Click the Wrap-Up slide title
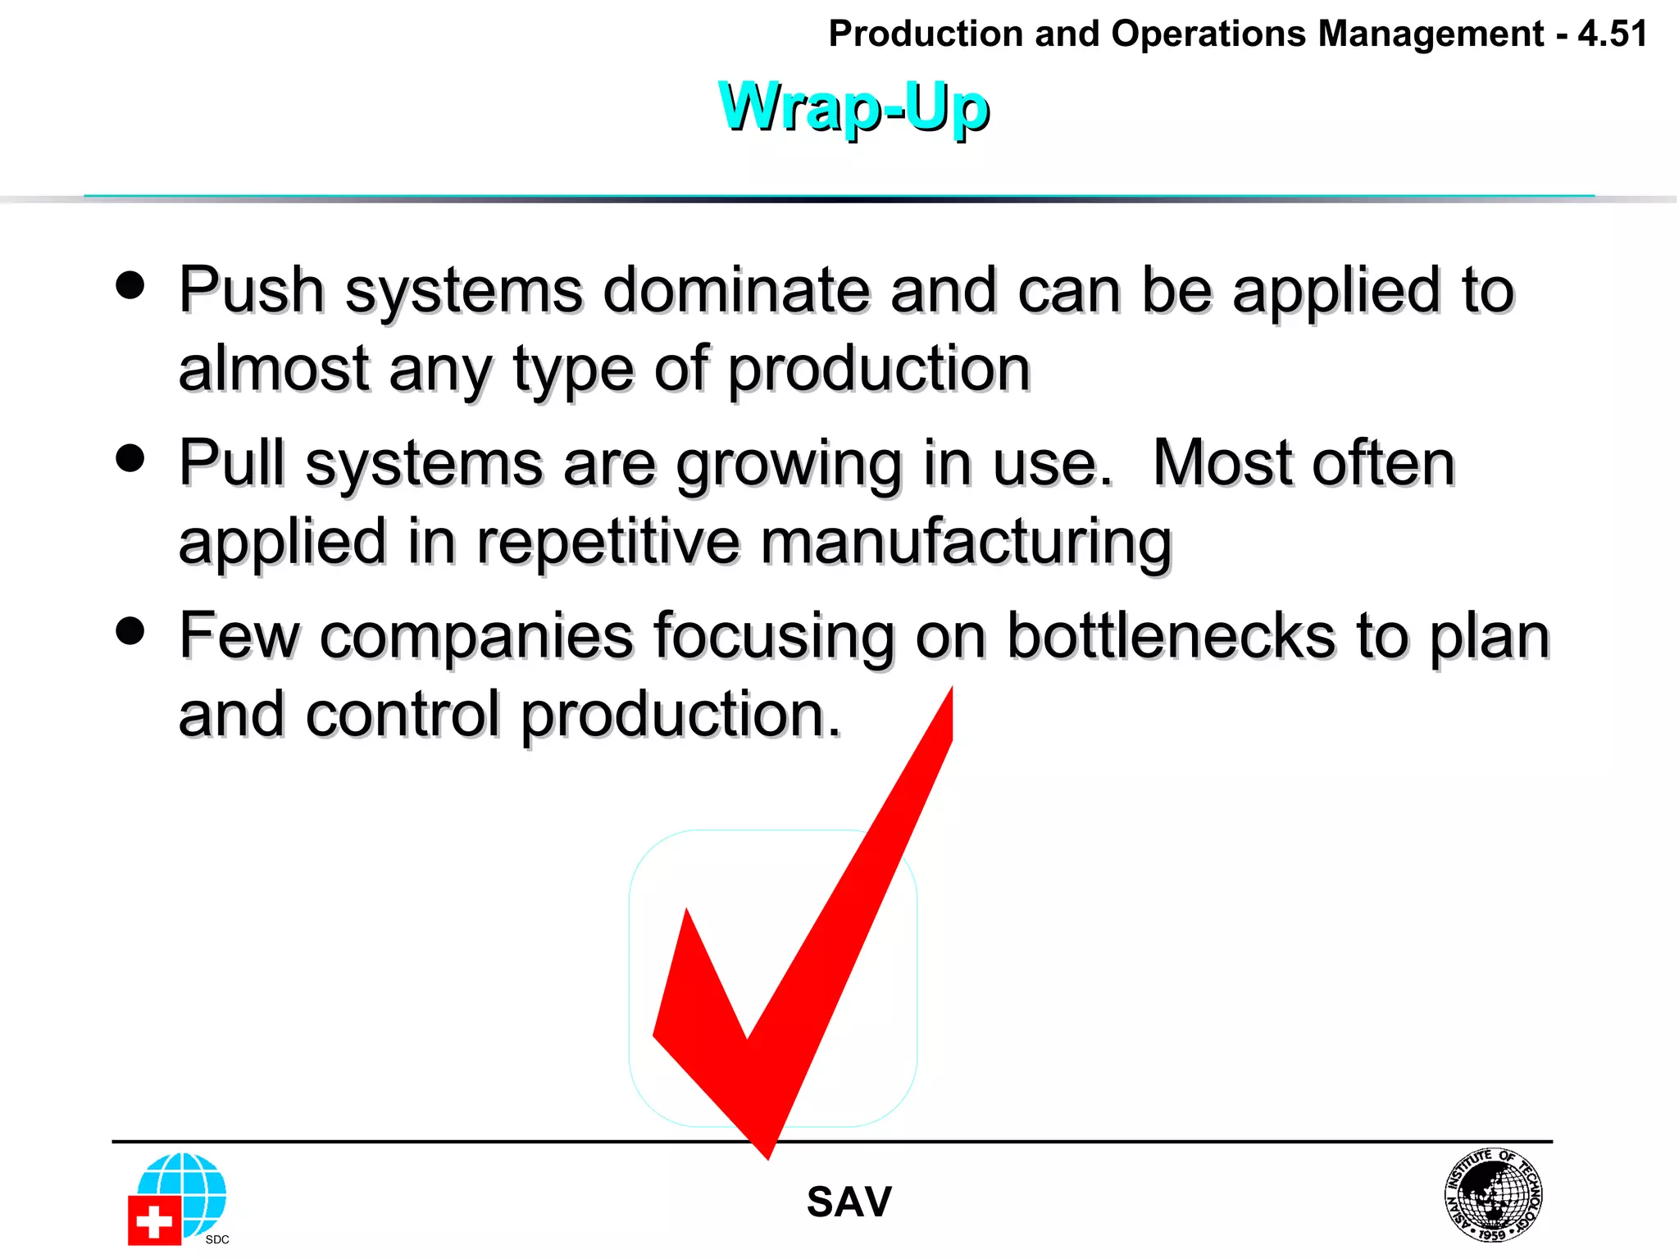tap(853, 107)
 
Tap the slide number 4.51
tap(1612, 34)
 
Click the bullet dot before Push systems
tap(130, 286)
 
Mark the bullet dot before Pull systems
tap(130, 458)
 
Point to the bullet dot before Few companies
tap(130, 631)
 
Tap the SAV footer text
tap(849, 1202)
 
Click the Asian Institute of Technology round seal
tap(1493, 1194)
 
